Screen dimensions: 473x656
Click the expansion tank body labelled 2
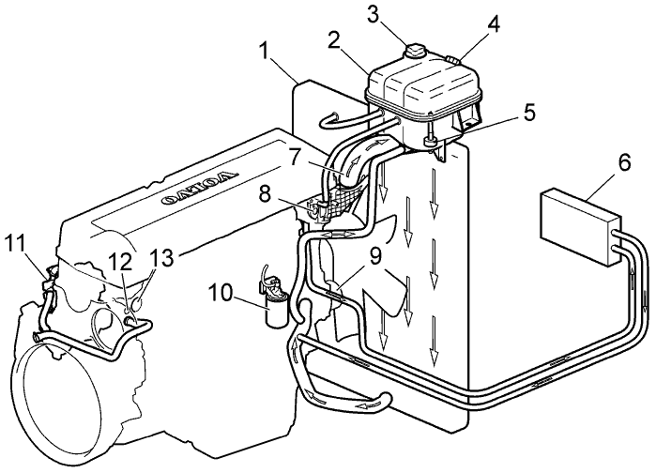[413, 89]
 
